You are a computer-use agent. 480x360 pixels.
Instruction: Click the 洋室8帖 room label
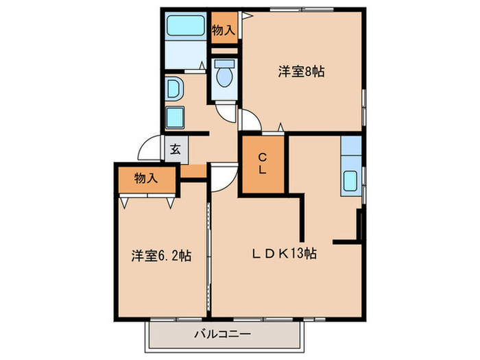pyautogui.click(x=300, y=71)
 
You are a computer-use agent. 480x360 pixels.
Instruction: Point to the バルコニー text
pyautogui.click(x=222, y=334)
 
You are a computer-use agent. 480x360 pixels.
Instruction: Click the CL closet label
pyautogui.click(x=263, y=165)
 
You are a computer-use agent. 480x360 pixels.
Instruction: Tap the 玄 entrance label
pyautogui.click(x=175, y=150)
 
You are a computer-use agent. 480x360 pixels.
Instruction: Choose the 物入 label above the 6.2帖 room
pyautogui.click(x=146, y=178)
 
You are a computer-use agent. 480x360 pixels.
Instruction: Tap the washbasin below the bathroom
pyautogui.click(x=175, y=88)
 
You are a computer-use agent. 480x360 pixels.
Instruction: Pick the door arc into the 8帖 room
pyautogui.click(x=250, y=121)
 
